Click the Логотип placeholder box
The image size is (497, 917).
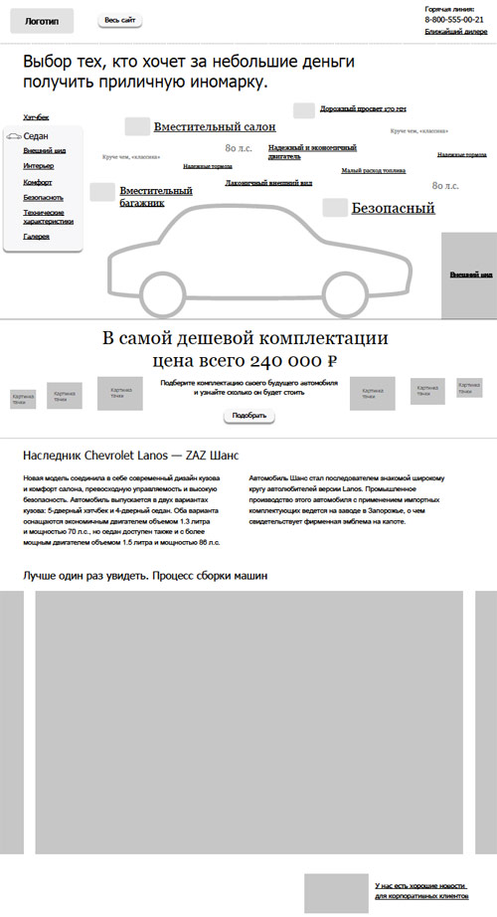42,20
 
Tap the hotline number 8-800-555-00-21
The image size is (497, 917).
454,20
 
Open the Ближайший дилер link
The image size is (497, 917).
455,32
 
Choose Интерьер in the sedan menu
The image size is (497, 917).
40,166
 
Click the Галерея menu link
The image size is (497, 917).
36,236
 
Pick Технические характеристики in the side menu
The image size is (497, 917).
44,218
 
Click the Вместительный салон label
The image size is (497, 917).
215,127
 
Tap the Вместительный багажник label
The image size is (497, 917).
155,196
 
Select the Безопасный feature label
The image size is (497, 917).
394,209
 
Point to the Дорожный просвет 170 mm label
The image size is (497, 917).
365,108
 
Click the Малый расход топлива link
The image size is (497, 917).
374,170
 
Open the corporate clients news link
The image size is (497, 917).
420,890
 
